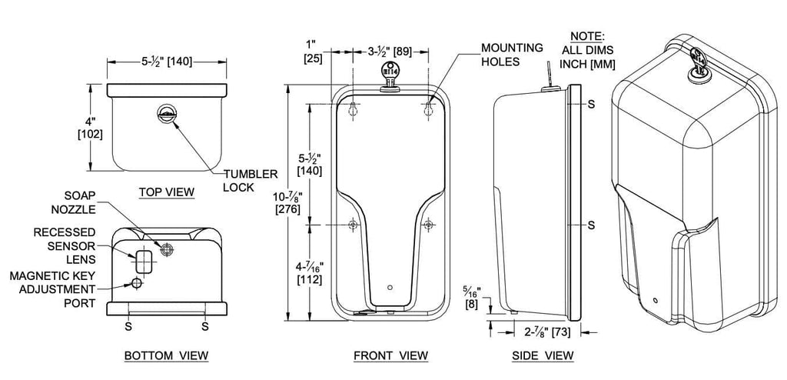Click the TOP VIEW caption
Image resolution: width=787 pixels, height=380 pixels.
point(166,192)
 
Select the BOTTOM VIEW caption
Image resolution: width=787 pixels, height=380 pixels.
point(166,355)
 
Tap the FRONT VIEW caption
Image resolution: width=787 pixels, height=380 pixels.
point(391,355)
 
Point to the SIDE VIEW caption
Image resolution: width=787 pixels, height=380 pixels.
point(543,355)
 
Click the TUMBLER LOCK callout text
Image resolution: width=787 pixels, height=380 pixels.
point(250,181)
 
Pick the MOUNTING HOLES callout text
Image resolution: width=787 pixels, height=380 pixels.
point(512,55)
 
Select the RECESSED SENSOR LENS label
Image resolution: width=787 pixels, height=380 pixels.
point(65,246)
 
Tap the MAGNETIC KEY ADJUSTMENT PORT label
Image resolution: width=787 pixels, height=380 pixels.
point(52,289)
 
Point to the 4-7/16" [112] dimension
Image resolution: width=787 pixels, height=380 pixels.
point(309,272)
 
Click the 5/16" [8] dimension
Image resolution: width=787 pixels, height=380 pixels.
point(471,298)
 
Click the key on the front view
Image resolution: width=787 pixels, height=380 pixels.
point(390,76)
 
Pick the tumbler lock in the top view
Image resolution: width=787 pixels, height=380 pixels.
point(166,113)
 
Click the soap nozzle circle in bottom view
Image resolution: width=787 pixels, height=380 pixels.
point(166,248)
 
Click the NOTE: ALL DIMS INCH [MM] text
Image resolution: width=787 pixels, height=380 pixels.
point(587,50)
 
